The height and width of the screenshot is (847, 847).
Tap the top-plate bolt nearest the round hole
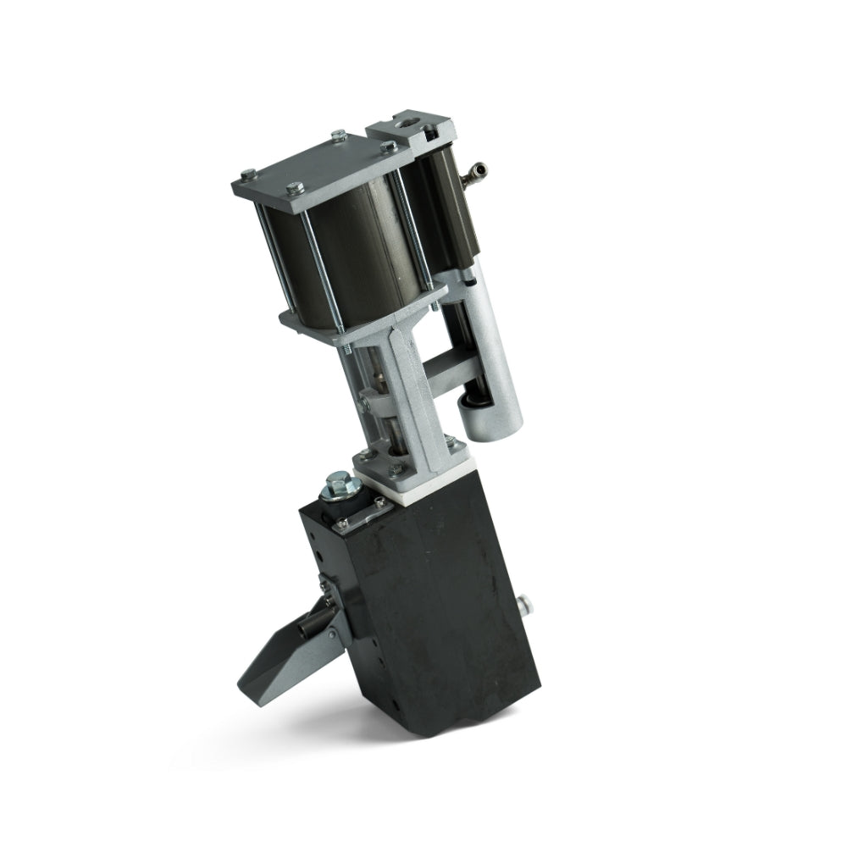pyautogui.click(x=388, y=147)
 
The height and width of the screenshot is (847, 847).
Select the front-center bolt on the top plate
pyautogui.click(x=292, y=188)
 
